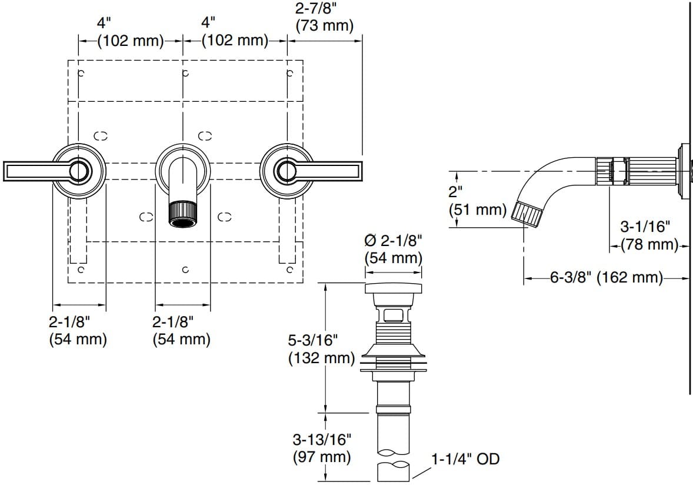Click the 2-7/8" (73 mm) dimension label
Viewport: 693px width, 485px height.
324,17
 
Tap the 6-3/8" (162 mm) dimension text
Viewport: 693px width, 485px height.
607,277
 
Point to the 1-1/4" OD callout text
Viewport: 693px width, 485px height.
465,459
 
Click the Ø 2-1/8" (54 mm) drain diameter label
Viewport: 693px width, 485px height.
394,249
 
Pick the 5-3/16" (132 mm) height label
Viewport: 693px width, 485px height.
322,349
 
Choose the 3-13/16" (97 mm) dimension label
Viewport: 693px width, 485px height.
322,447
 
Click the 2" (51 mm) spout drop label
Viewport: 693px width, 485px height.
477,201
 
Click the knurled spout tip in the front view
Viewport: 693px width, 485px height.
183,214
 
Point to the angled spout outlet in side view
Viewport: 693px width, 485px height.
527,212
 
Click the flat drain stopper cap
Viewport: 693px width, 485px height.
394,288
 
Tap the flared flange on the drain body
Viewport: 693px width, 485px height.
394,353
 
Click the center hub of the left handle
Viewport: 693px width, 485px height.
79,171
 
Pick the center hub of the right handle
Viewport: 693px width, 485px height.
286,171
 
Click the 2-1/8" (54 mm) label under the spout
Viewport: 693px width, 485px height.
181,331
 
